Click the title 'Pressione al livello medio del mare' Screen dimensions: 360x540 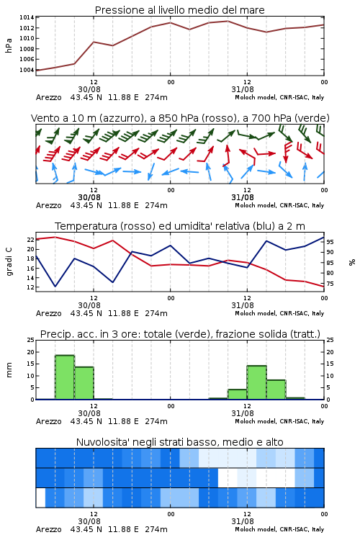pos(179,10)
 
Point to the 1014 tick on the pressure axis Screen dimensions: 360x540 pos(27,17)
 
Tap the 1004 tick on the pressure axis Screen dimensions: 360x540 pos(27,70)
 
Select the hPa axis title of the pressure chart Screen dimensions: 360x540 pos(9,45)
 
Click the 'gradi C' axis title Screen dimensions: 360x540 pos(9,261)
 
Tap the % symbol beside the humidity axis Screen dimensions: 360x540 pos(352,262)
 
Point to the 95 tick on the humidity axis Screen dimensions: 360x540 pos(330,242)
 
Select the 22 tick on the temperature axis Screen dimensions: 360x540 pos(31,240)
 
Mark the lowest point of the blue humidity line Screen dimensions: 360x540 pos(55,286)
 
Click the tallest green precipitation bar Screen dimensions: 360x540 pos(65,377)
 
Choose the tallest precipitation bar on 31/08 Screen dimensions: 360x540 pos(256,382)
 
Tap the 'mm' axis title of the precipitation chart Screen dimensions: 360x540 pos(9,370)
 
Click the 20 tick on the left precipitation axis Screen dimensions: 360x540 pos(31,352)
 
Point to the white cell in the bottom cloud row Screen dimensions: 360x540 pos(40,498)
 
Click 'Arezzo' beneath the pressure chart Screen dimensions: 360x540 pos(48,97)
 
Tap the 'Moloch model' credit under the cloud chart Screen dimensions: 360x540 pos(256,529)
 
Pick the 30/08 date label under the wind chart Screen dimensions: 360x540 pos(89,197)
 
